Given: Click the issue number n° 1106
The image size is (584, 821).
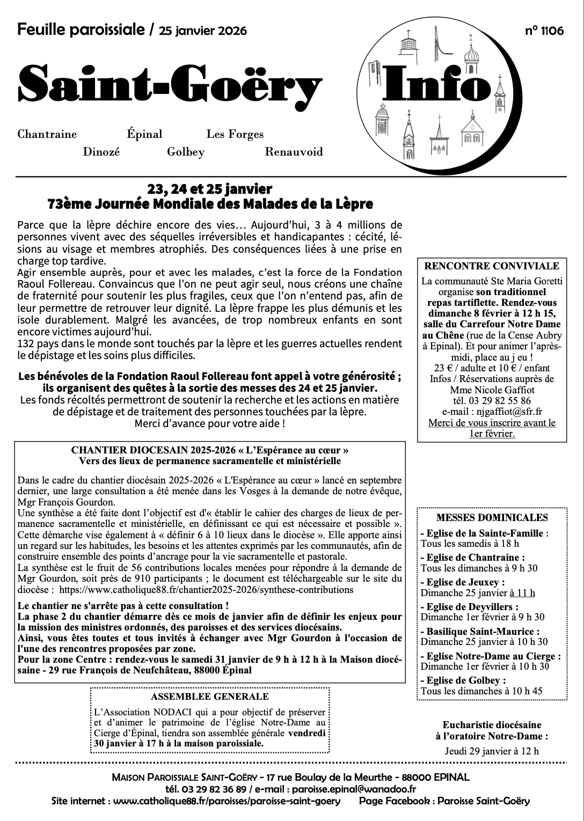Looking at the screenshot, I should pos(544,31).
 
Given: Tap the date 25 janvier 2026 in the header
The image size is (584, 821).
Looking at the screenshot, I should pos(203,31).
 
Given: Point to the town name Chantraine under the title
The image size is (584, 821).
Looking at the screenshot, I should pos(47,134).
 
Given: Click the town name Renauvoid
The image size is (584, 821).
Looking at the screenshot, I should pos(294,152).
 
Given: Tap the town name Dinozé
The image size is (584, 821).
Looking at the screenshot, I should pos(101,152).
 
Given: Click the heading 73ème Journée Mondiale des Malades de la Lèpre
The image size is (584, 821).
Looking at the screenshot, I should pos(210,204).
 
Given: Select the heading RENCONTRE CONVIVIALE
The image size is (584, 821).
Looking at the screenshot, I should pos(492,266).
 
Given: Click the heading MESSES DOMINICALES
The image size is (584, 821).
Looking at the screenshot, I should pos(492,518).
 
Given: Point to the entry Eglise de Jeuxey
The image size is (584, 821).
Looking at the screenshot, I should pos(463,582).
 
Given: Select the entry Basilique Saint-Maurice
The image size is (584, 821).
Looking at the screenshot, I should pos(480,632).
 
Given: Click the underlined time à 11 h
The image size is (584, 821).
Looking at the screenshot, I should pos(522,593).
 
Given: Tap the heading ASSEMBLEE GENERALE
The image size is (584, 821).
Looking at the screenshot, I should pos(210,697).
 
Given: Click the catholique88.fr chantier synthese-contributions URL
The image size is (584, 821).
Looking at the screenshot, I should pos(206,590).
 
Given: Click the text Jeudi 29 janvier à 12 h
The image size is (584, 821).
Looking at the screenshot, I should pos(492,751).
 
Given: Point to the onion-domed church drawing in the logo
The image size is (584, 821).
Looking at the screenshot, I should pos(473,54).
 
